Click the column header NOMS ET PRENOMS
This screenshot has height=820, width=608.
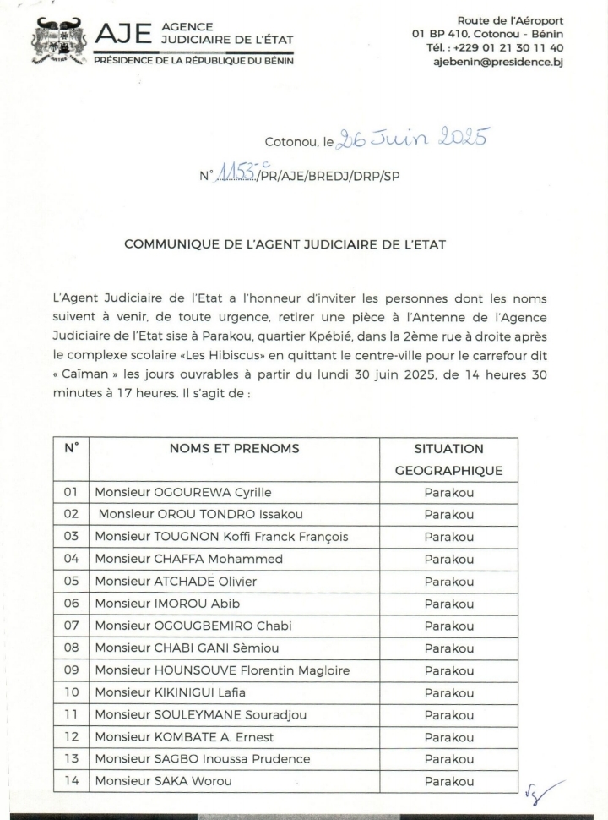click(x=234, y=449)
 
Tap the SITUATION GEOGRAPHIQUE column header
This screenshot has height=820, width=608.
click(x=448, y=459)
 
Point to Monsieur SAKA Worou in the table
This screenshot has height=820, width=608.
click(x=163, y=782)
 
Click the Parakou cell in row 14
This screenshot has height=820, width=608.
click(x=448, y=782)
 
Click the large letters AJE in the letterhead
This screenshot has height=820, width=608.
click(x=124, y=36)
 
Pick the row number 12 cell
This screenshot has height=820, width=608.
click(x=71, y=737)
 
